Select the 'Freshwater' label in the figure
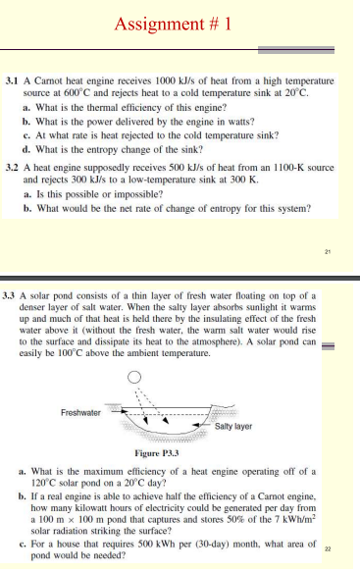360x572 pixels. (79, 412)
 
